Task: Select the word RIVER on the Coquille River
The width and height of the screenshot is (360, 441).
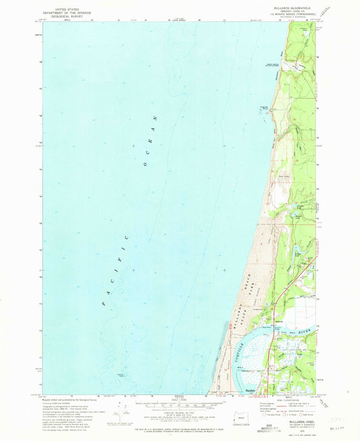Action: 299,332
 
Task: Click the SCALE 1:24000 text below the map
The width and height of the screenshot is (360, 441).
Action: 179,399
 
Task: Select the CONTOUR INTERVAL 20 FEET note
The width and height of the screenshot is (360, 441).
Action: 179,411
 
